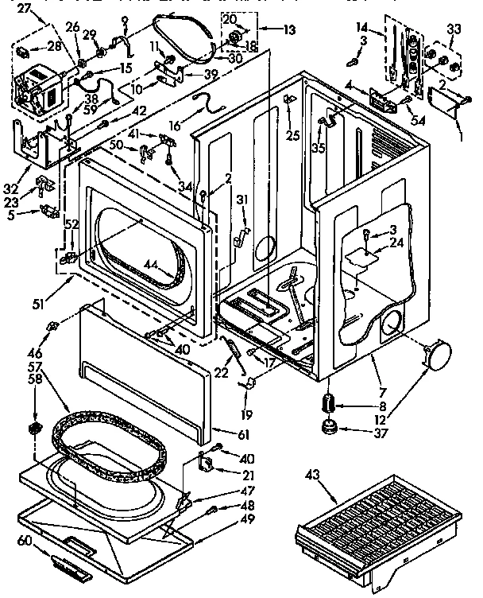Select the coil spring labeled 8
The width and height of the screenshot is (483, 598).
328,403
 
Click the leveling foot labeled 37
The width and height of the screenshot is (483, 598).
328,431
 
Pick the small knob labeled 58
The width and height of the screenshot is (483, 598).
34,429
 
